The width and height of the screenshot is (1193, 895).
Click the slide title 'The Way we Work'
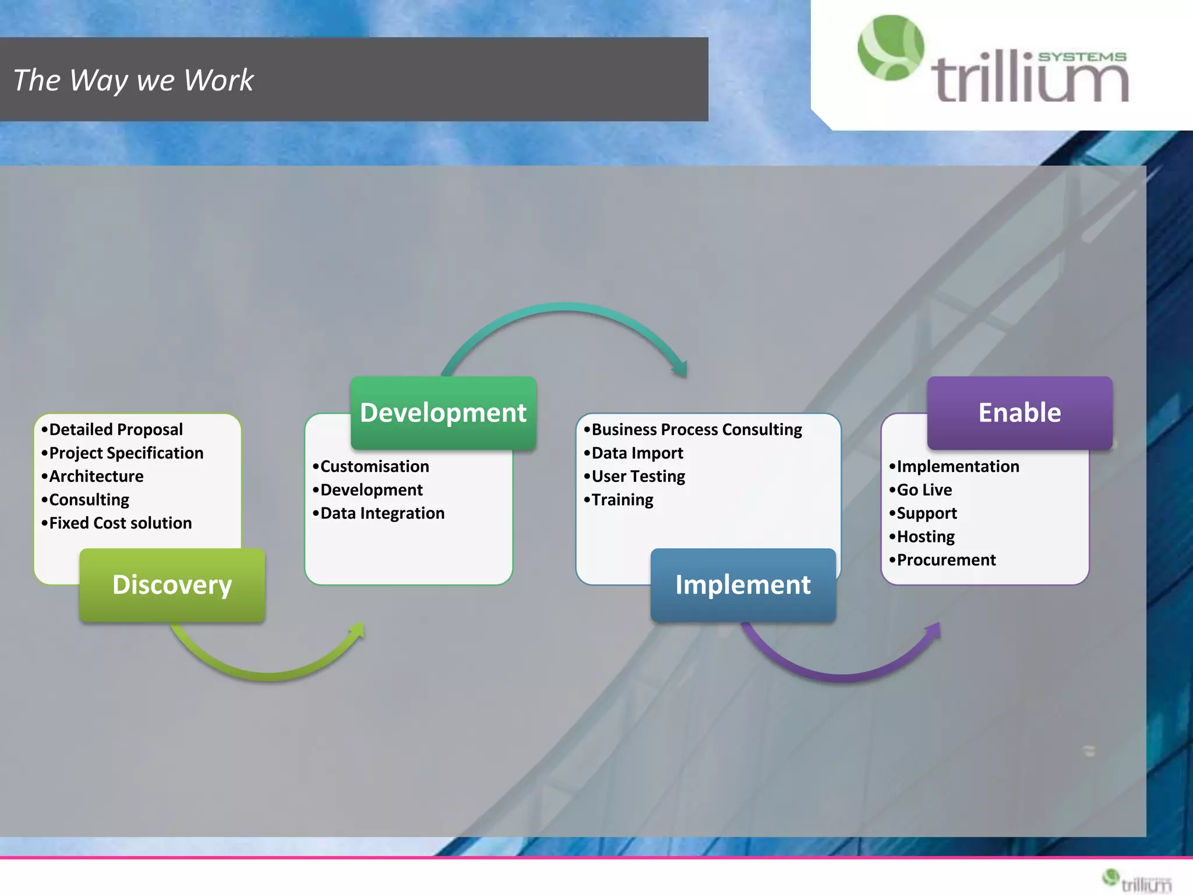pyautogui.click(x=134, y=80)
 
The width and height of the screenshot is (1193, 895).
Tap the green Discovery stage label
pyautogui.click(x=172, y=584)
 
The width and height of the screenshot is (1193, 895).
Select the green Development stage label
pyautogui.click(x=443, y=413)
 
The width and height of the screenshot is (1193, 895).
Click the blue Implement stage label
pyautogui.click(x=743, y=584)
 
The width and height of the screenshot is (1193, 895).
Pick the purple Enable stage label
pyautogui.click(x=1019, y=413)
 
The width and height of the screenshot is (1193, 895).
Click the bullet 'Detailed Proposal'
pyautogui.click(x=115, y=429)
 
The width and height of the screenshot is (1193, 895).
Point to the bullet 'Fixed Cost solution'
pyautogui.click(x=120, y=523)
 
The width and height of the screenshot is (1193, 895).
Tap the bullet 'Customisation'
pyautogui.click(x=374, y=466)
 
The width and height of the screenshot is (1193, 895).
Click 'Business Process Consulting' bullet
pyautogui.click(x=696, y=429)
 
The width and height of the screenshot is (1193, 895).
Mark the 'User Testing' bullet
pyautogui.click(x=638, y=476)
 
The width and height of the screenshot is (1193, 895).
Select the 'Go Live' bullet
pyautogui.click(x=924, y=489)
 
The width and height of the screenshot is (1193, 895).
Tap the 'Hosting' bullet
pyautogui.click(x=925, y=536)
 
